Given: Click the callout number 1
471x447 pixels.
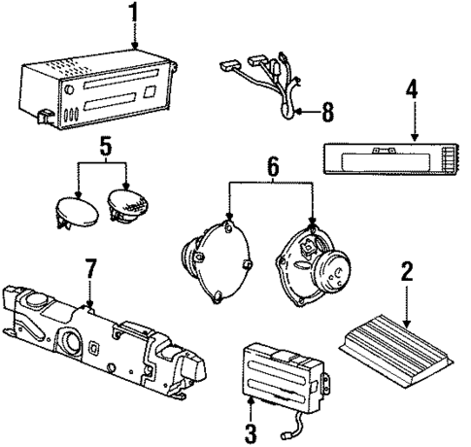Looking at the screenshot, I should click(133, 14).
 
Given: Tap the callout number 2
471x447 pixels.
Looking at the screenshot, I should click(406, 271).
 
